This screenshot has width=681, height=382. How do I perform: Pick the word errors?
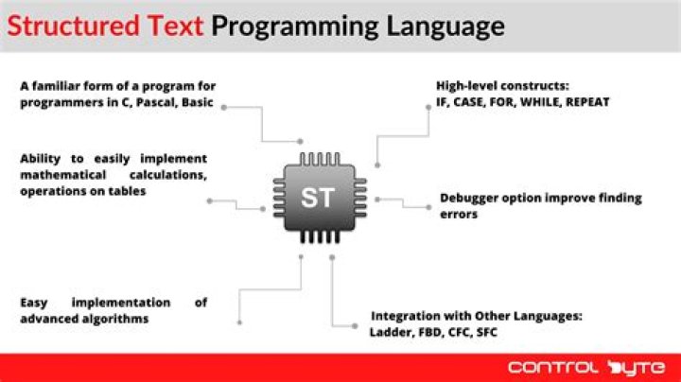coord(459,215)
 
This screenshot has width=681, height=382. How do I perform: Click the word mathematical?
coord(61,175)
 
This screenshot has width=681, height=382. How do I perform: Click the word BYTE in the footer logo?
coord(635,366)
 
